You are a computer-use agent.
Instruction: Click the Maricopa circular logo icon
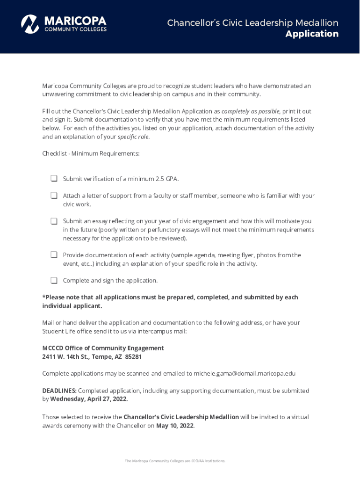pos(30,24)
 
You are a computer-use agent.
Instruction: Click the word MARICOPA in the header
pos(75,21)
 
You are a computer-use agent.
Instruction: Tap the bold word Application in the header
pos(312,34)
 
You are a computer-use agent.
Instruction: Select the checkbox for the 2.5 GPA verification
pos(54,179)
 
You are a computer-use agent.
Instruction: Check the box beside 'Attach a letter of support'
pos(54,196)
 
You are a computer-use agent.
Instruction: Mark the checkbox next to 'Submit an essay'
pos(54,221)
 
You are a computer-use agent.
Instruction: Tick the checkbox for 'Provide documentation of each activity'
pos(54,255)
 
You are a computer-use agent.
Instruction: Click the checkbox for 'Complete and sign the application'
pos(54,280)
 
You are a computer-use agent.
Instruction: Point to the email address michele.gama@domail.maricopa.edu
pos(245,373)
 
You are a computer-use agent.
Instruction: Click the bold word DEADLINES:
pos(59,391)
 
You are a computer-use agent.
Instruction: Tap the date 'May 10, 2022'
pos(175,426)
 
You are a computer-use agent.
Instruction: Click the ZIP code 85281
pos(133,356)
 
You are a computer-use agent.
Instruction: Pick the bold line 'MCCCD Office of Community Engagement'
pos(103,348)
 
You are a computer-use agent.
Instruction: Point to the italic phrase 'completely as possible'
pos(250,111)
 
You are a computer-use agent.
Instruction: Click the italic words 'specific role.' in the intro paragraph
pos(134,137)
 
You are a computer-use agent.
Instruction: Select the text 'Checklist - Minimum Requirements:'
pos(91,153)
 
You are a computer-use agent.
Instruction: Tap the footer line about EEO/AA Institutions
pos(175,461)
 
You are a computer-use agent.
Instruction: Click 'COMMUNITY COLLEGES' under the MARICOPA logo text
pos(75,29)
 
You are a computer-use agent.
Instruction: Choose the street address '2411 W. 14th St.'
pos(65,356)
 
